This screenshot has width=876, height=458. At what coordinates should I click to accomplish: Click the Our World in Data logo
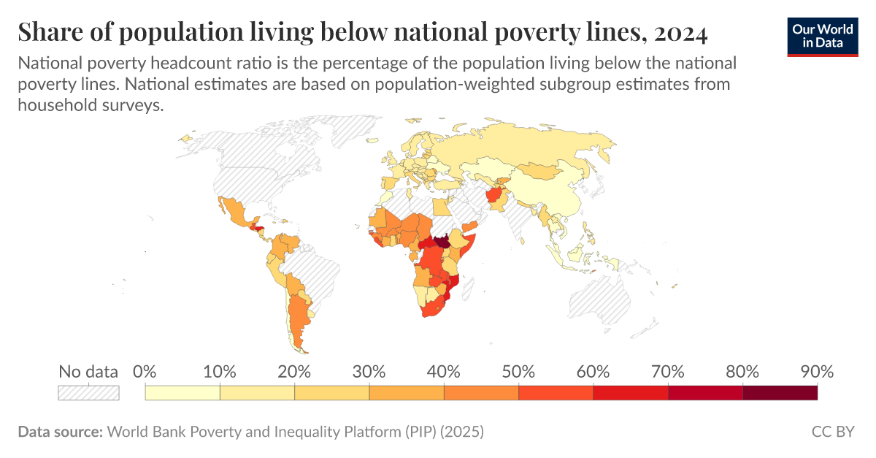click(x=823, y=34)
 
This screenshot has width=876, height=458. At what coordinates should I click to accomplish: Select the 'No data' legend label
click(x=88, y=371)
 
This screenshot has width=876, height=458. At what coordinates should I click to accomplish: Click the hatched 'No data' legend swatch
click(x=88, y=393)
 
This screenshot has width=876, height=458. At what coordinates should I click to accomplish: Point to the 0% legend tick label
click(x=145, y=371)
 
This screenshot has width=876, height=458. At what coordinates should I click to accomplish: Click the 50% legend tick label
click(x=518, y=371)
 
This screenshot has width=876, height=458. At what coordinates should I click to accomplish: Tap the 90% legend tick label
click(x=816, y=371)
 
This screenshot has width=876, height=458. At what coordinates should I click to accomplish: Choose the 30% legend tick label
click(x=369, y=371)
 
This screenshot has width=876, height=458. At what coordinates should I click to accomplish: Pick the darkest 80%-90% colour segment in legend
click(x=780, y=393)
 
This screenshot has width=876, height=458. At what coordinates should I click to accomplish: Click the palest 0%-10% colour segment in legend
click(x=182, y=393)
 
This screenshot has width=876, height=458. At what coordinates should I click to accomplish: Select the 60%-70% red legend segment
click(x=631, y=393)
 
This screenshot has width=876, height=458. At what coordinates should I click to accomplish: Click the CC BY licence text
click(x=833, y=432)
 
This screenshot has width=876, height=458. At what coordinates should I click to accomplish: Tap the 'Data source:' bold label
click(x=60, y=432)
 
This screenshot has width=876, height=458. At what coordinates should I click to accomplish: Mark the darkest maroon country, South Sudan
click(x=441, y=242)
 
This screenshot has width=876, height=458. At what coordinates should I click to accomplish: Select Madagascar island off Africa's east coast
click(x=472, y=297)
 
